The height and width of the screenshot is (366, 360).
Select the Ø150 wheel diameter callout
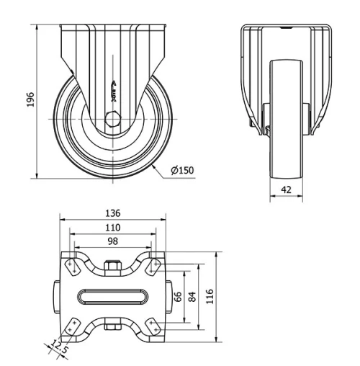[184, 171]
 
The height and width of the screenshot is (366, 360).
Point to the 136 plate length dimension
[112, 213]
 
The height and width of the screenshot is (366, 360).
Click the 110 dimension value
[112, 227]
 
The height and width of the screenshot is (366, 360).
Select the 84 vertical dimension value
[192, 297]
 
